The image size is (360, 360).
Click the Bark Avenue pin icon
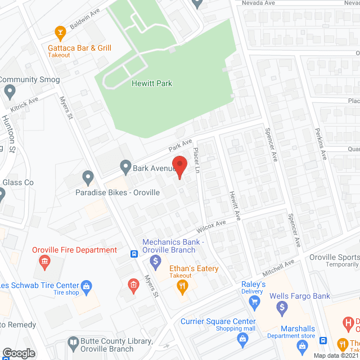(x=125, y=167)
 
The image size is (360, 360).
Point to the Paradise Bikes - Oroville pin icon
(x=88, y=178)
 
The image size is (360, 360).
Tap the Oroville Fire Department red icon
(x=44, y=262)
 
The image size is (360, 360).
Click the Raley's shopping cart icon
(x=255, y=302)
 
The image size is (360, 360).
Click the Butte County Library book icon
(x=73, y=341)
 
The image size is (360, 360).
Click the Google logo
(x=19, y=353)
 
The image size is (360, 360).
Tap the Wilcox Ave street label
(x=211, y=227)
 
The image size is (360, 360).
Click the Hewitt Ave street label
(x=234, y=205)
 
